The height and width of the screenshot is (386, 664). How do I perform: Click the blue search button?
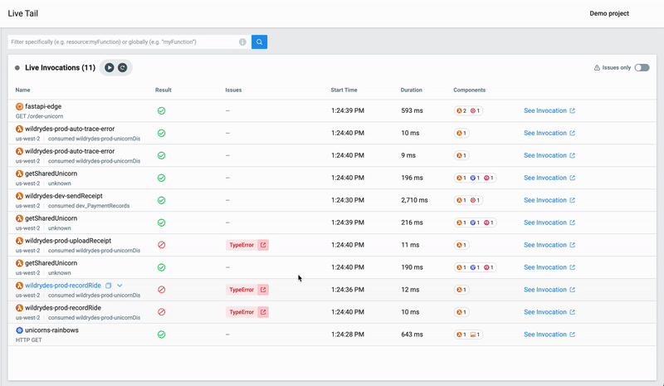(x=259, y=42)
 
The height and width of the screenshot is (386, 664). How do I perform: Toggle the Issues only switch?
(x=642, y=68)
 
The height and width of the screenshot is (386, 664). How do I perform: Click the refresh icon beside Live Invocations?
(x=123, y=68)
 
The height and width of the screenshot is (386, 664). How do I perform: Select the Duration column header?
(x=411, y=90)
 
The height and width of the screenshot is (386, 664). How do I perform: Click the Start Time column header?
(x=344, y=90)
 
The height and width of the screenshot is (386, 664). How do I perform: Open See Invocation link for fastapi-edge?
(x=549, y=110)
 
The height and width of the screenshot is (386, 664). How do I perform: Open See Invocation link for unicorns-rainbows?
(x=549, y=335)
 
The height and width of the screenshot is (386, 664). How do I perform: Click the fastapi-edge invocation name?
(x=43, y=106)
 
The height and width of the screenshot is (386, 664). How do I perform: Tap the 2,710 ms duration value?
(x=414, y=200)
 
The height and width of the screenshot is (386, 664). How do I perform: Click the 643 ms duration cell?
(x=412, y=335)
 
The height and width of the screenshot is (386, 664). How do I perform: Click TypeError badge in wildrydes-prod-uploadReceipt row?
(x=242, y=245)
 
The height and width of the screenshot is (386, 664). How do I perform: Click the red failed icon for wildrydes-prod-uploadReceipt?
(x=162, y=245)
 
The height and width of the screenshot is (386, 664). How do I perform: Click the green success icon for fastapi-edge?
(x=162, y=110)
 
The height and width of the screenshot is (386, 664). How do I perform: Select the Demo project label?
(x=609, y=13)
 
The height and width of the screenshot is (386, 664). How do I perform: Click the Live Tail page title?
(x=23, y=13)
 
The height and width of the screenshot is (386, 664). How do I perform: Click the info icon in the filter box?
(x=242, y=42)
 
